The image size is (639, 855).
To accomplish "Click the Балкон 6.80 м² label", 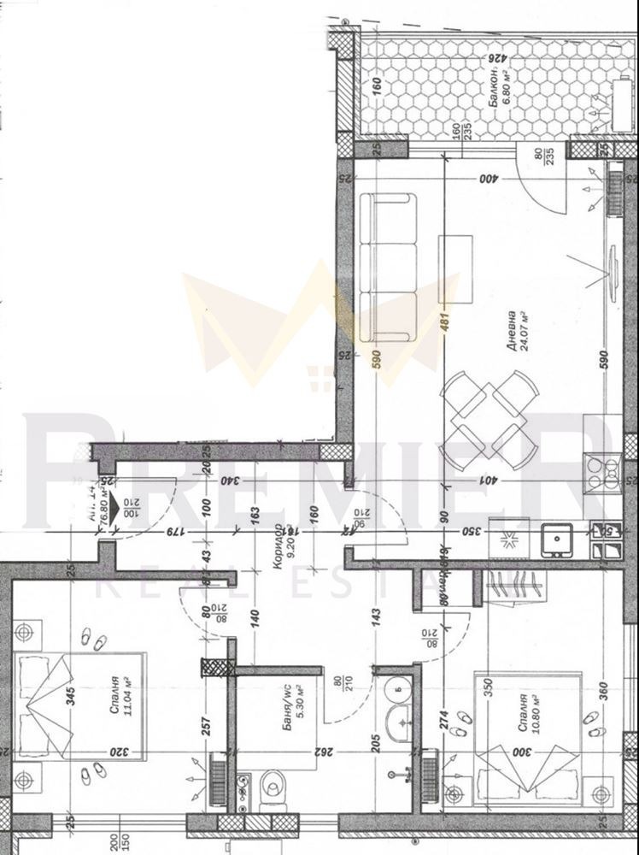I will point(498,85).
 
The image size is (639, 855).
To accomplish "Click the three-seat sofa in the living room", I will point(387,267).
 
